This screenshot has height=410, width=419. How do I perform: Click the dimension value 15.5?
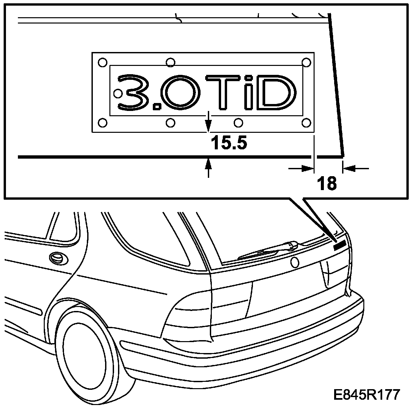click(x=229, y=143)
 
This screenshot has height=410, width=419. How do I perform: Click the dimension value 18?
click(x=327, y=183)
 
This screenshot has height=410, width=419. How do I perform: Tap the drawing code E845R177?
click(x=367, y=395)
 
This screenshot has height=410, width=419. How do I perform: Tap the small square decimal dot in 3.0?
click(x=156, y=106)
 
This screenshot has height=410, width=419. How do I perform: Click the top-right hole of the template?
click(x=307, y=62)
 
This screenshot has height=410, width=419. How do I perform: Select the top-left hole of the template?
click(x=102, y=62)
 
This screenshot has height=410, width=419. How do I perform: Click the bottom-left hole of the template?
click(x=103, y=123)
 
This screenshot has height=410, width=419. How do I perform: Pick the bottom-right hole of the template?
click(x=306, y=123)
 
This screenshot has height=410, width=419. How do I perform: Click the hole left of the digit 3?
click(x=118, y=93)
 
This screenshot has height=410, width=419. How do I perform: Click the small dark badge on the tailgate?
click(x=339, y=245)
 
